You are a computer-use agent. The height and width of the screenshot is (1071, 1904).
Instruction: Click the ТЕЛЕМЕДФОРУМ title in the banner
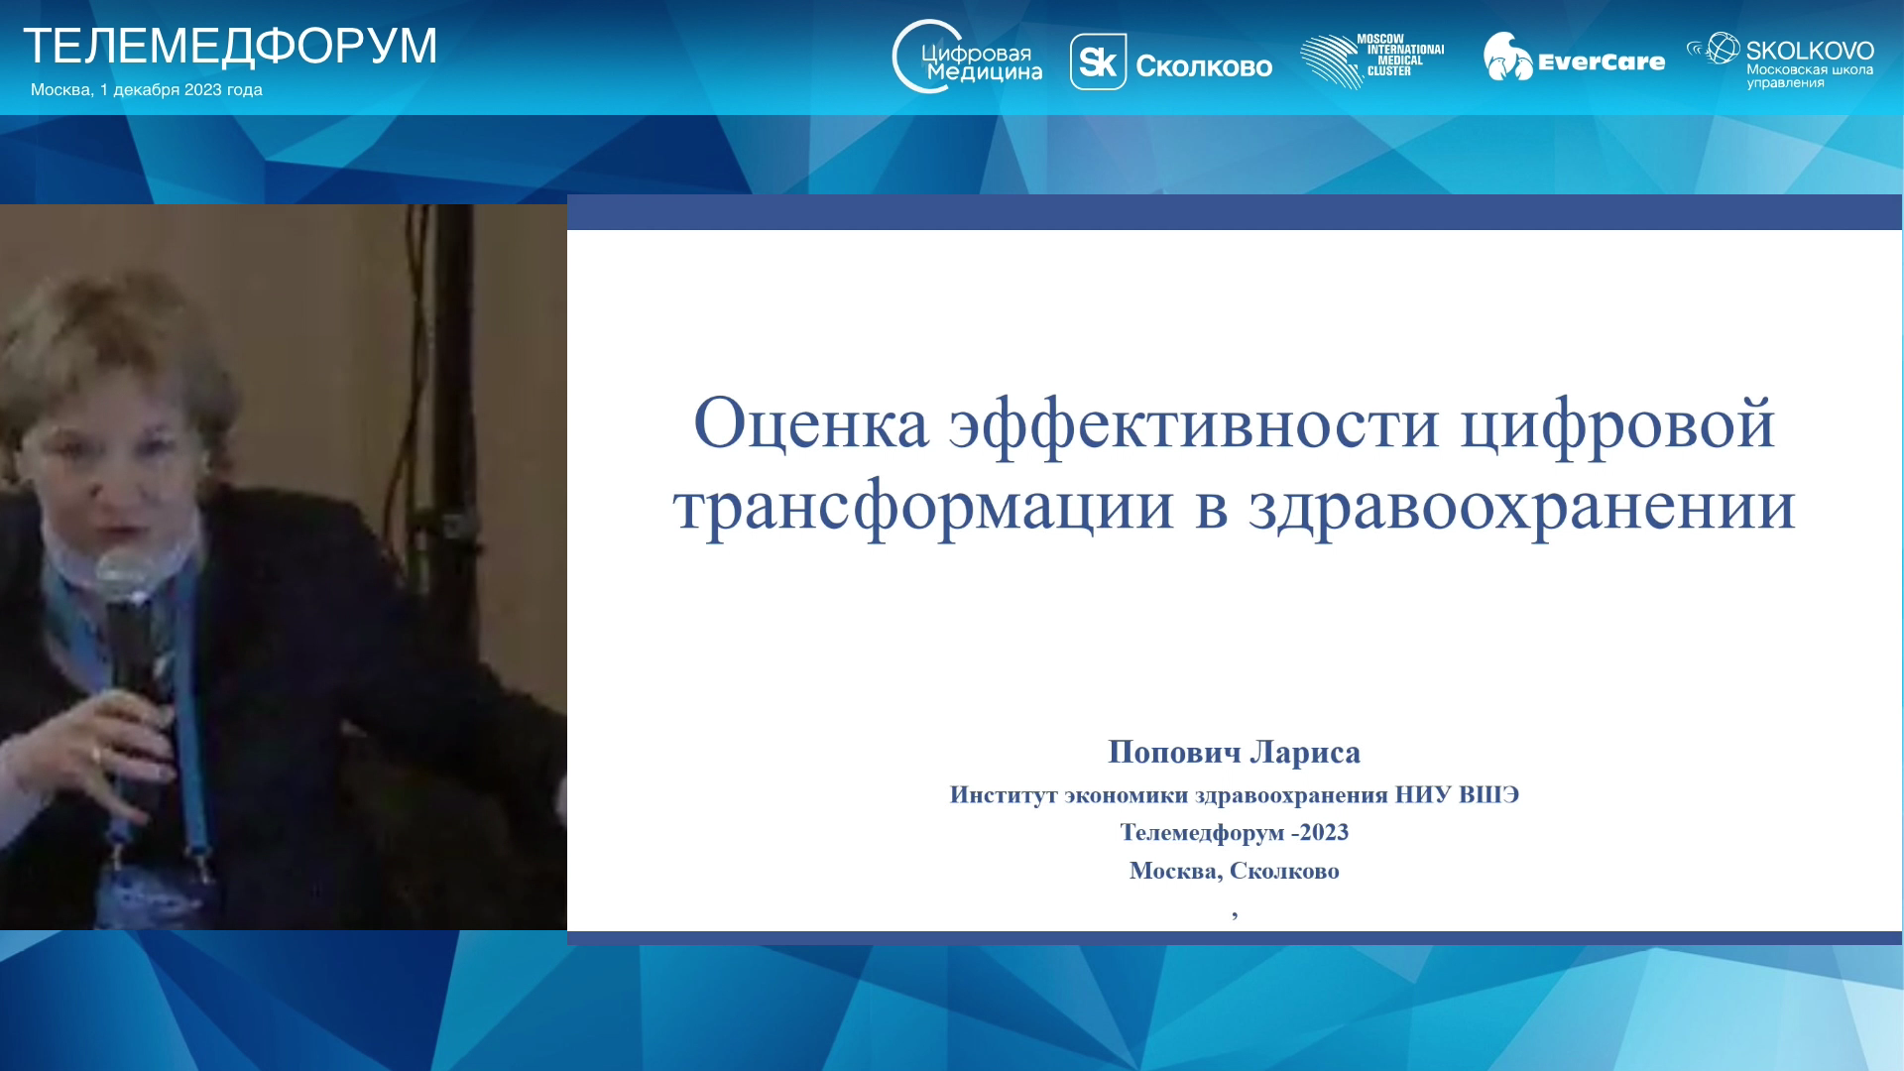click(230, 46)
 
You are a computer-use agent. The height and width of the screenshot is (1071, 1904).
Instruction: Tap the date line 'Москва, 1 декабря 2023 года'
click(147, 89)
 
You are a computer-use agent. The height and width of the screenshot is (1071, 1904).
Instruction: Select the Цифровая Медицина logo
click(967, 58)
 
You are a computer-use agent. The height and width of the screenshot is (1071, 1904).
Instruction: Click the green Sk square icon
click(1098, 61)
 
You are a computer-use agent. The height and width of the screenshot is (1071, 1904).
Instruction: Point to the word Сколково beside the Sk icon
click(1204, 66)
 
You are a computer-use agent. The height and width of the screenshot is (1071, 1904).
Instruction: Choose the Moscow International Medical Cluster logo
click(1372, 60)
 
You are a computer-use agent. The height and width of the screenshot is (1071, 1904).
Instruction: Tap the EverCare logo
click(1574, 58)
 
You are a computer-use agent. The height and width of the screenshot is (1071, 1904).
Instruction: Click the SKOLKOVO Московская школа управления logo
click(1780, 60)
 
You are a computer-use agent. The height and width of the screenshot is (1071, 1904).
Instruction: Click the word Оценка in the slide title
click(811, 423)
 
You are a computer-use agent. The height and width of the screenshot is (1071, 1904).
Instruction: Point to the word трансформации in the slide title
click(923, 509)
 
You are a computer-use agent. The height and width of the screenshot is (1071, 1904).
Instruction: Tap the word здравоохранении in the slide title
click(1522, 509)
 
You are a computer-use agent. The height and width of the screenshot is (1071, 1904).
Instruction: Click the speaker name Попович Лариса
click(1234, 753)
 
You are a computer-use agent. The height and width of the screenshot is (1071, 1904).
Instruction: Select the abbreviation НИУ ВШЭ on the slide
click(1457, 794)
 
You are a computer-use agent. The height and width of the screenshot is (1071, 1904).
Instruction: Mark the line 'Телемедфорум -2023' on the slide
click(1235, 833)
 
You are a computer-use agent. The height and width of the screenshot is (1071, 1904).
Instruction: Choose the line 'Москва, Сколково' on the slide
click(1235, 871)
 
